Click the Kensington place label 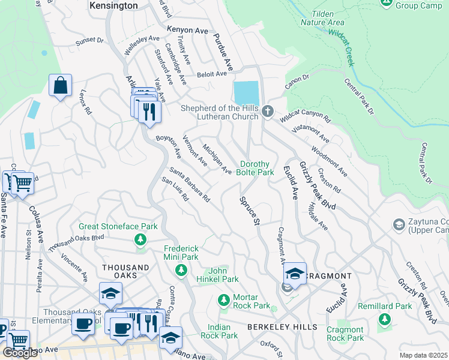coord(113,5)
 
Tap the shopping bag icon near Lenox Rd coord(61,87)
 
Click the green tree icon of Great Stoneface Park coord(140,240)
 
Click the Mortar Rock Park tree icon coord(223,299)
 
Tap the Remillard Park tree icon coord(384,319)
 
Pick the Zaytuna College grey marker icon coord(398,224)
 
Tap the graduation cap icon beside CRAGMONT coord(295,274)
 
